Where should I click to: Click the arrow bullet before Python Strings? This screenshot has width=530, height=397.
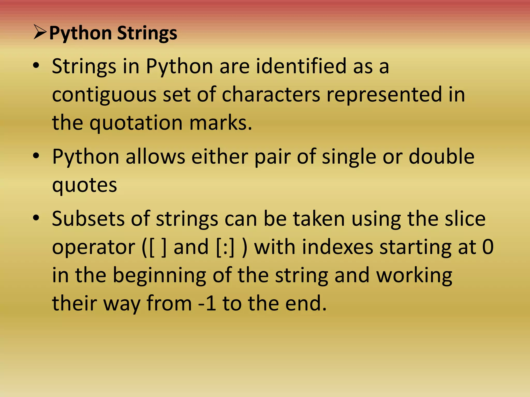coord(40,33)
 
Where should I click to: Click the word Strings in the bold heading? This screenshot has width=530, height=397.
coord(147,34)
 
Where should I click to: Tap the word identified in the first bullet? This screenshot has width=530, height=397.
coord(301,66)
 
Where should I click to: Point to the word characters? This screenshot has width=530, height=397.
coord(271,94)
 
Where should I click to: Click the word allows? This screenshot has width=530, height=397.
coord(155,157)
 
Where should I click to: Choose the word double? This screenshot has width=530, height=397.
coord(441,157)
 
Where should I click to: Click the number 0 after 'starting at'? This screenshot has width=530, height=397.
coord(488,247)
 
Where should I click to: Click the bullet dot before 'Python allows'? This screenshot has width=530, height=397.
coord(36,156)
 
